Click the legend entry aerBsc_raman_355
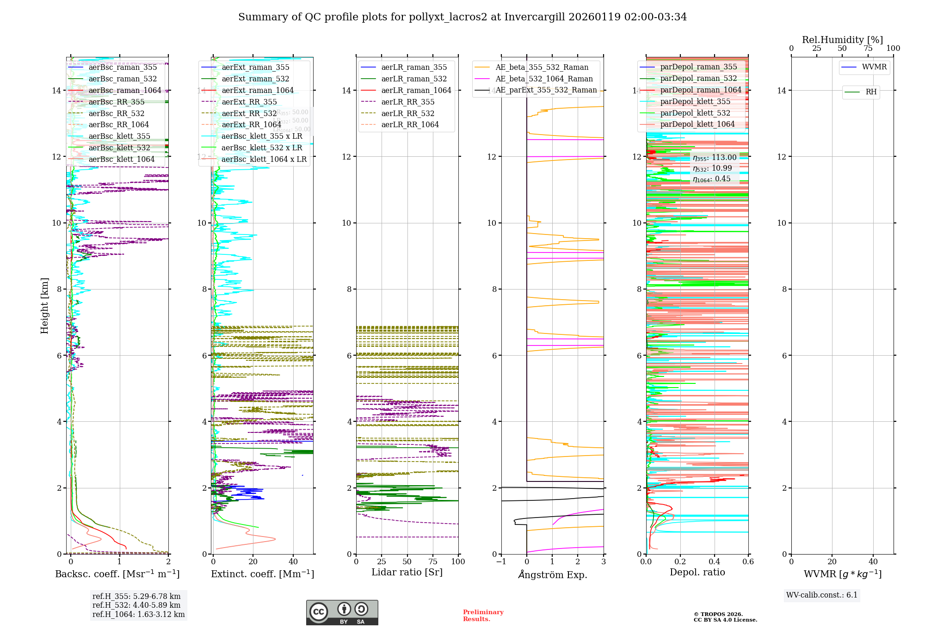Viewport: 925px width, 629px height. (x=123, y=68)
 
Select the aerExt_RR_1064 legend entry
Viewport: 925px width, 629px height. (x=251, y=125)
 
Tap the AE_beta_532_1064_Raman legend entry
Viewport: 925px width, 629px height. (x=544, y=79)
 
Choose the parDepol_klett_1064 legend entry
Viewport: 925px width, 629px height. (x=697, y=124)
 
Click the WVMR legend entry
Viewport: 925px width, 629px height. (x=874, y=67)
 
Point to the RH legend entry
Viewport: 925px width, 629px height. (x=871, y=92)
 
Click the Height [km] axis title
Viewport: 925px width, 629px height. (x=44, y=306)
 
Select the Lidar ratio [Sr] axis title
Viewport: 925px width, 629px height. (x=407, y=573)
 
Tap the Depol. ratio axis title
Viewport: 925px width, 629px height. (x=697, y=573)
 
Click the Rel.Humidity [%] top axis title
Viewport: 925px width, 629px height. (x=842, y=40)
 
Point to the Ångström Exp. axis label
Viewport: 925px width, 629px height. (x=553, y=575)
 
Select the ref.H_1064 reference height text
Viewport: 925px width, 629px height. (x=138, y=615)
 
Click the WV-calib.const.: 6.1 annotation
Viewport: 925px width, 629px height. (x=822, y=595)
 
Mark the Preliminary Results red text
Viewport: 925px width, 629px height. (x=483, y=616)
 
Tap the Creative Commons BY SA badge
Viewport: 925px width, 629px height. (x=342, y=613)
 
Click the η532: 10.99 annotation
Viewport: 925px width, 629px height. (x=712, y=168)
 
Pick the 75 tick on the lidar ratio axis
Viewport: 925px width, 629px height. (x=433, y=562)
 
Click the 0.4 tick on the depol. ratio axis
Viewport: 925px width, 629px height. (x=714, y=562)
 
